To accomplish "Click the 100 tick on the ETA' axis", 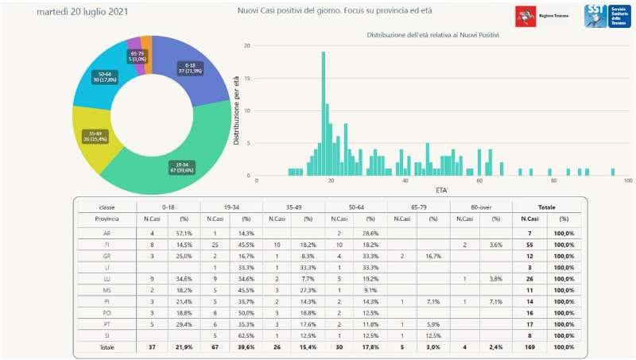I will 627,181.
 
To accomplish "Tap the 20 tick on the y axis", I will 247,45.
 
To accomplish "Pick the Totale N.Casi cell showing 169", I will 527,348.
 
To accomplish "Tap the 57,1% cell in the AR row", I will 184,233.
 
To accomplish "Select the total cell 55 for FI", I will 527,246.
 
